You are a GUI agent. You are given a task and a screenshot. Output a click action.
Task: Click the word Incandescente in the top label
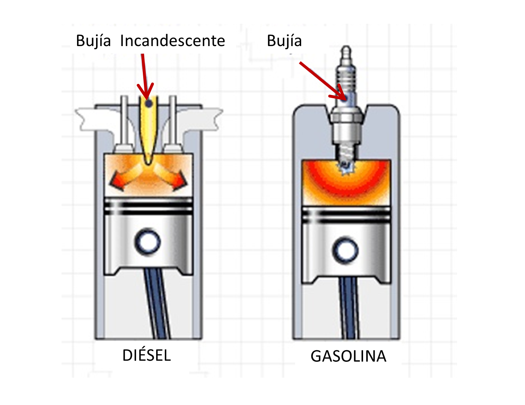point(172,41)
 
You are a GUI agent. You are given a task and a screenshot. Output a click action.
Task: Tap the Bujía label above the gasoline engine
point(284,41)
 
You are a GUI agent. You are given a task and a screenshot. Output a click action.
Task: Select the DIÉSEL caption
point(146,356)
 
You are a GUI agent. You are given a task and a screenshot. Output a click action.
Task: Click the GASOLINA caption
point(348,356)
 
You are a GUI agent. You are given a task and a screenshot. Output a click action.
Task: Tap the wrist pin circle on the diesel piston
point(148,242)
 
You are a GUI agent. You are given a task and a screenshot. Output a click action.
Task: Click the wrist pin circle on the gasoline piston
point(345,250)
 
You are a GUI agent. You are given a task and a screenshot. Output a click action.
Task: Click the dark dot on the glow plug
point(148,104)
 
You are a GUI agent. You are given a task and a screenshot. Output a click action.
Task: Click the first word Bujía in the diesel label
point(93,41)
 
